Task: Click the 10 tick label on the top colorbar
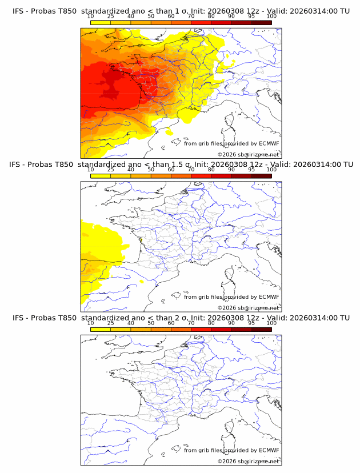[91, 17]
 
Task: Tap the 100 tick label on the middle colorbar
[271, 170]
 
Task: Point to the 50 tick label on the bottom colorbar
[151, 323]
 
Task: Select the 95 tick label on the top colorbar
[251, 17]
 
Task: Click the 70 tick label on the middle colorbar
[191, 170]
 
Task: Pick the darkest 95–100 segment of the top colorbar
[261, 22]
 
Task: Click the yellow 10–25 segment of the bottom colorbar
[101, 328]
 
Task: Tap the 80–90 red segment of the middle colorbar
[221, 175]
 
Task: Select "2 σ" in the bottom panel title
[175, 318]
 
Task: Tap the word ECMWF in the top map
[269, 144]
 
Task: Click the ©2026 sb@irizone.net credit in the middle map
[248, 308]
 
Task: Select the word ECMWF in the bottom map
[269, 450]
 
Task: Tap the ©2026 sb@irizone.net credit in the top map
[248, 155]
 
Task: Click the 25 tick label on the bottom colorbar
[111, 323]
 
